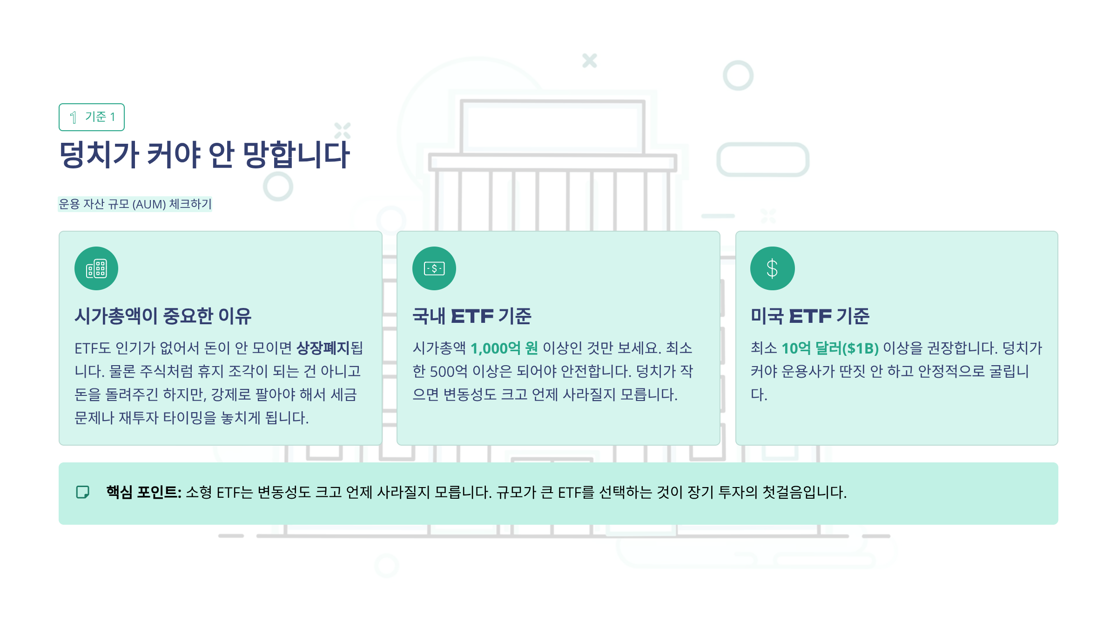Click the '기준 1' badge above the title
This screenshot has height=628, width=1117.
[x=92, y=117]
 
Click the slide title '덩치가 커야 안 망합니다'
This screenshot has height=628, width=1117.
[x=204, y=154]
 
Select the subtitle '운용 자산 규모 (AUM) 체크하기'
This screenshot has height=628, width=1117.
[x=135, y=204]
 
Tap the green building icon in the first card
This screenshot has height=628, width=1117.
[x=96, y=268]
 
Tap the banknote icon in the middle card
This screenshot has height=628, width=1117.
[x=434, y=268]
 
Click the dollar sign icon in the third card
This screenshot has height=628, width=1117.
[x=772, y=268]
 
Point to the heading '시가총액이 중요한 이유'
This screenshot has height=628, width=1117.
[x=163, y=316]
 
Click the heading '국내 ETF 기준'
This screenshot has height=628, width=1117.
[x=471, y=316]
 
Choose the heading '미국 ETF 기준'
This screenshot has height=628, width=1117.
[x=810, y=316]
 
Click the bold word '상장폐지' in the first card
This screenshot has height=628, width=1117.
[x=323, y=348]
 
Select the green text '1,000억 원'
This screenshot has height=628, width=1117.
[x=504, y=348]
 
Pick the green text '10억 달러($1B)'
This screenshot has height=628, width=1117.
[x=830, y=348]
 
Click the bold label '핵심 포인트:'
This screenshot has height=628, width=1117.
[x=144, y=492]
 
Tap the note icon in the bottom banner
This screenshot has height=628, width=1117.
[x=83, y=492]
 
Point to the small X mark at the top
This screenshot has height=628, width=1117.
[x=589, y=60]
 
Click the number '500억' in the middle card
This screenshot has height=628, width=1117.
[x=448, y=371]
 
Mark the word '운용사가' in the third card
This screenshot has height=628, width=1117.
[x=807, y=371]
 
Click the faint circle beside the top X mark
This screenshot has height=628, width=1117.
[x=738, y=75]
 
